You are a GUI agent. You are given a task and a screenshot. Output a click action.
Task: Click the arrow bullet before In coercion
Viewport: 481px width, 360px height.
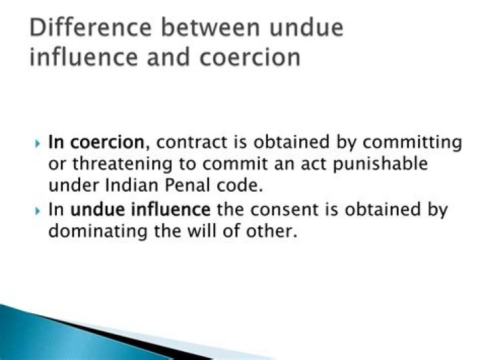37,143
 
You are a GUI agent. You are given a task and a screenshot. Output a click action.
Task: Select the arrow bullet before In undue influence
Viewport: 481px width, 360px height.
37,210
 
